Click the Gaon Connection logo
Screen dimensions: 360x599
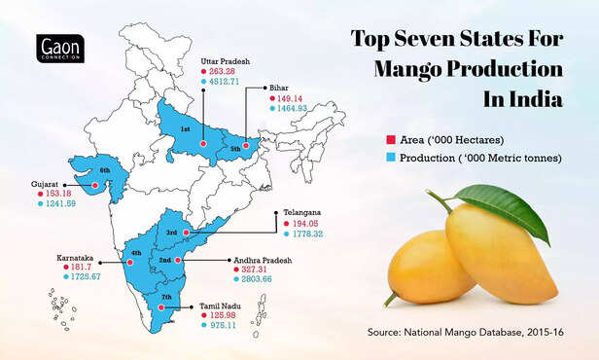(x=58, y=50)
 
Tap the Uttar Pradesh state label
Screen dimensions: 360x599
(x=225, y=59)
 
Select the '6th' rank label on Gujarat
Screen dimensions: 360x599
(x=105, y=171)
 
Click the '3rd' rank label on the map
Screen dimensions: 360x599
(x=171, y=233)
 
